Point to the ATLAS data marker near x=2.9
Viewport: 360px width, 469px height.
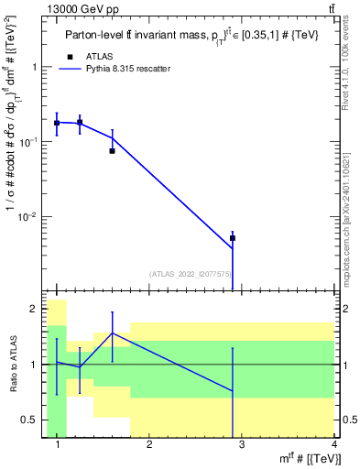point(233,238)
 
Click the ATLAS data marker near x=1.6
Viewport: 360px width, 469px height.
point(112,150)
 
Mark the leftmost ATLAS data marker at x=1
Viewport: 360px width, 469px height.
point(57,123)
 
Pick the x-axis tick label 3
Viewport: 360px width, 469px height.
point(242,445)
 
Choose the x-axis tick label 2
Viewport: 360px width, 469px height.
point(149,445)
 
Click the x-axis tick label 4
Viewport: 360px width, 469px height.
point(334,445)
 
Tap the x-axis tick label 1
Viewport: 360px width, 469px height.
point(57,445)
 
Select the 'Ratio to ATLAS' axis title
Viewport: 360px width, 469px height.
point(12,365)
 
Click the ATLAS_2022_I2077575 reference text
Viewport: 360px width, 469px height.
point(191,273)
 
